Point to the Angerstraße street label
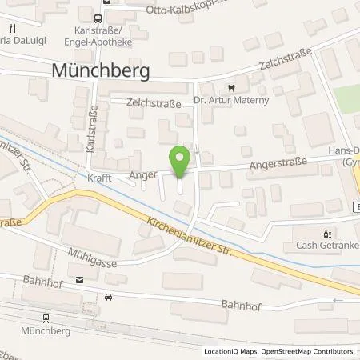click(234, 166)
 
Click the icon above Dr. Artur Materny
click(230, 88)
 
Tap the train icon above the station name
click(46, 317)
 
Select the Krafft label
click(100, 180)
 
